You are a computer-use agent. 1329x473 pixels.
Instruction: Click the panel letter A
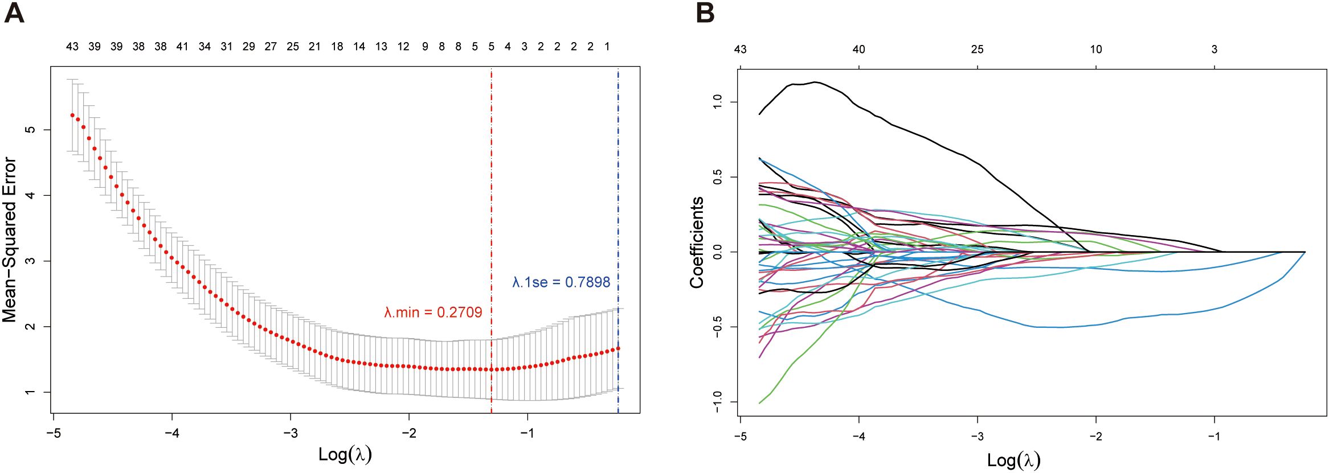tap(14, 13)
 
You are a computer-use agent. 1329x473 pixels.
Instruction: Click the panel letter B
tap(705, 13)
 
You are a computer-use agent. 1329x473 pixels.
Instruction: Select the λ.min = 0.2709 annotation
tap(433, 312)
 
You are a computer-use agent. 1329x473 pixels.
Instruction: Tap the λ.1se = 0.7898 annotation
tap(561, 282)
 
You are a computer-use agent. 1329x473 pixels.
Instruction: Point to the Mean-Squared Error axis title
tap(10, 240)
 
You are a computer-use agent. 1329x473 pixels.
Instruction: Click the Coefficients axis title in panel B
tap(697, 242)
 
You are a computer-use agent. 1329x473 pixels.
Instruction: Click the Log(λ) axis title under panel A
tap(345, 454)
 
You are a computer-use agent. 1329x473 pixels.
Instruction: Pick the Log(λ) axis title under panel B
tap(1013, 460)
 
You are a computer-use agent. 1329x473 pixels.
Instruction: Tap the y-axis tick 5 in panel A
tap(31, 130)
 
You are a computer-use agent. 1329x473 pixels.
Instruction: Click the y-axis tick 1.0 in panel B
tap(718, 102)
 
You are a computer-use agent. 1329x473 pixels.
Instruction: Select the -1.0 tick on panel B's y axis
tap(718, 401)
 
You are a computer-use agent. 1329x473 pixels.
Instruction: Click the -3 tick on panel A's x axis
tap(291, 433)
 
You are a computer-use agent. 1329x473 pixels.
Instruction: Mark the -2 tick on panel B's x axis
tap(1095, 437)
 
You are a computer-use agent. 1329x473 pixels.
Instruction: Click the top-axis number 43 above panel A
tap(72, 47)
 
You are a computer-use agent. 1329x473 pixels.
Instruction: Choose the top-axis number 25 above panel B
tap(977, 50)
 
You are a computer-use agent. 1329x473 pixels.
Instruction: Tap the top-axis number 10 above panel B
tap(1095, 50)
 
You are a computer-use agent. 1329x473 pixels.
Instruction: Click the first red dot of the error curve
tap(72, 116)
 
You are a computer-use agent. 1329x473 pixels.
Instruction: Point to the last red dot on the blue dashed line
tap(618, 348)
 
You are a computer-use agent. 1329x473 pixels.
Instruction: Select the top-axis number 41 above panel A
tap(182, 47)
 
